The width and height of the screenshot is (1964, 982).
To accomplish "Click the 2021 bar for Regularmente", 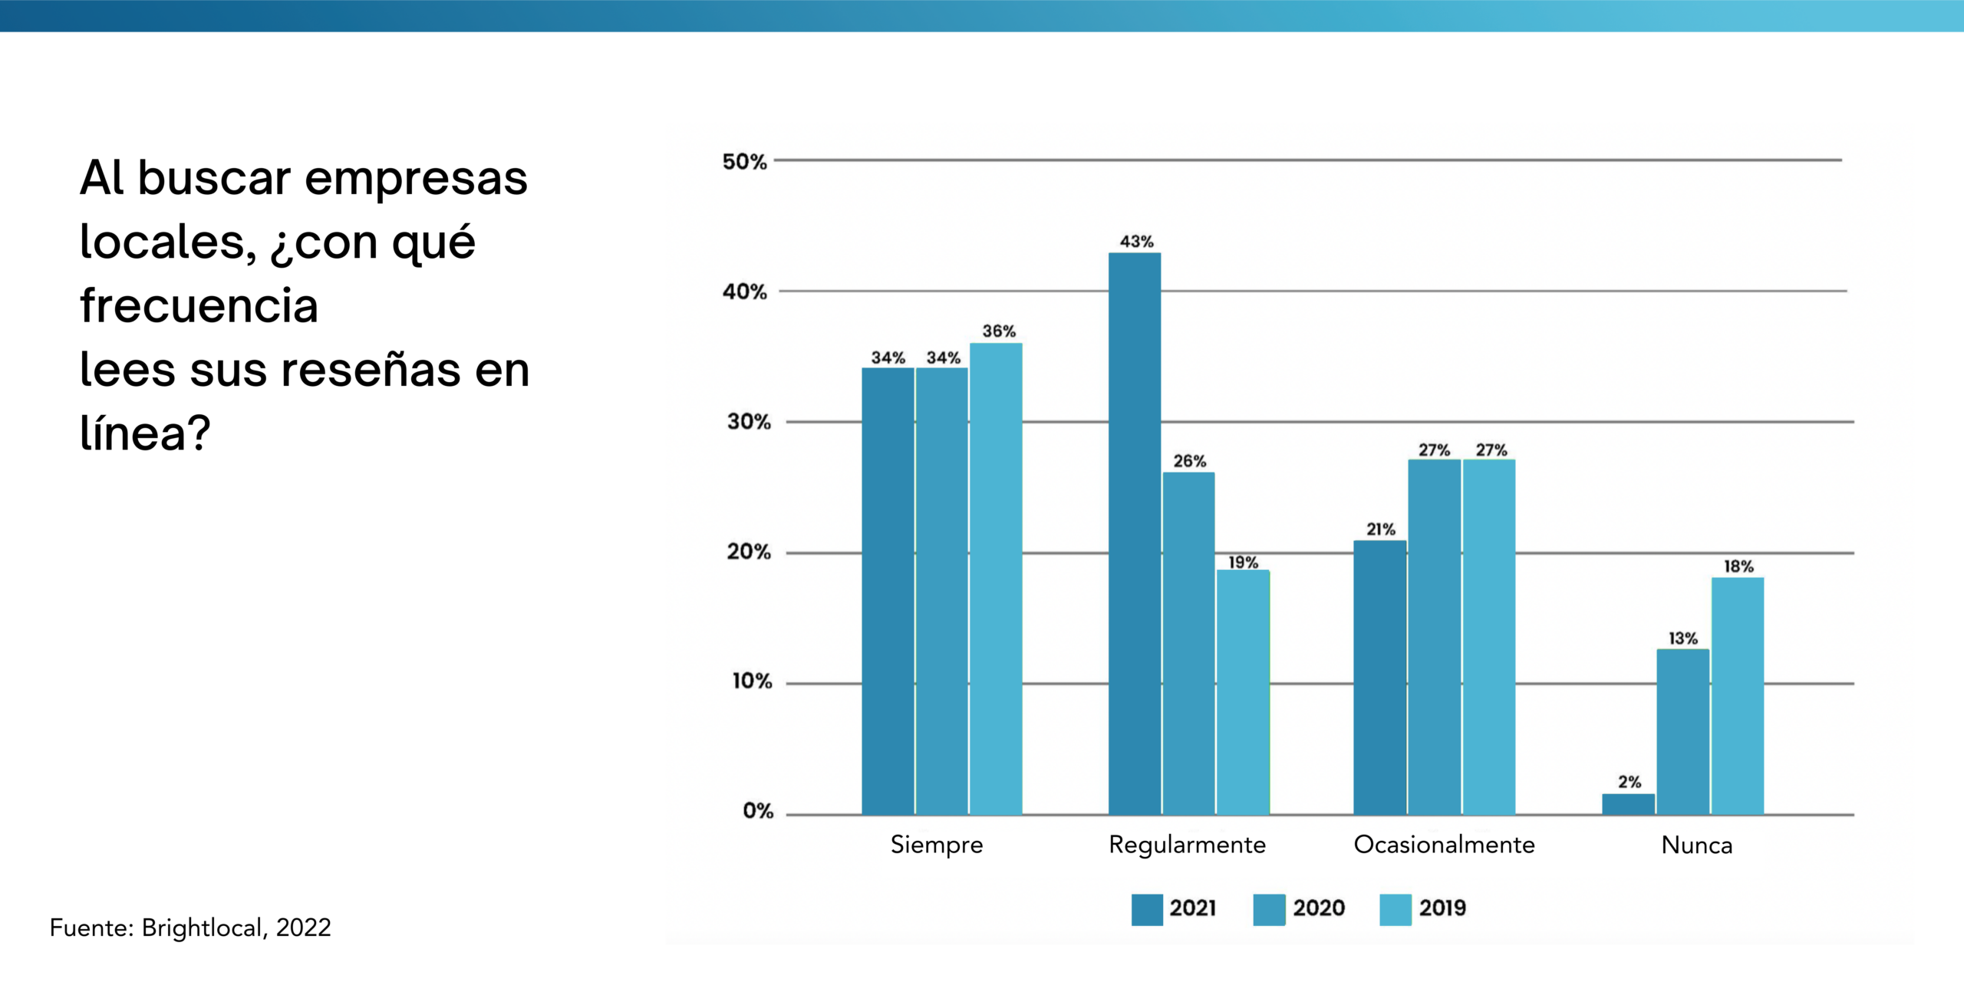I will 1134,533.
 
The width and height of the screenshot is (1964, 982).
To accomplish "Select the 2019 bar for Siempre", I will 996,578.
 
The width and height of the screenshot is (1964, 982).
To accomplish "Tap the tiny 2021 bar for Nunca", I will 1628,804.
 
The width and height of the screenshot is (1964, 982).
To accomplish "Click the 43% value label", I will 1136,242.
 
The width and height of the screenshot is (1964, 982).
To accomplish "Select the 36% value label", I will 999,331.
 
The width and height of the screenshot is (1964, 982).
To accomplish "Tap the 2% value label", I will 1630,782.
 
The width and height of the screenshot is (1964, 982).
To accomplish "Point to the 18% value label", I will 1738,566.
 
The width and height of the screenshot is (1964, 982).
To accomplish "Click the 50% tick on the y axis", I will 744,162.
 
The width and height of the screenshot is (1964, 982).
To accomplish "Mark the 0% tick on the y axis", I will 757,811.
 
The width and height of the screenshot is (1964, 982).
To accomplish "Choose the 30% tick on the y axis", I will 749,421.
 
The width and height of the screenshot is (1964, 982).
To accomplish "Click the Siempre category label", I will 936,845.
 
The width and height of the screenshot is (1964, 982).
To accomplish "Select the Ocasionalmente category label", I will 1444,845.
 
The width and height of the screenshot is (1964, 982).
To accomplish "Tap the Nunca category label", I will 1696,845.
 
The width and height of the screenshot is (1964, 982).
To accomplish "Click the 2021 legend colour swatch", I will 1147,909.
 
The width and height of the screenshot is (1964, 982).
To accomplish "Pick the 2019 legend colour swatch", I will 1395,909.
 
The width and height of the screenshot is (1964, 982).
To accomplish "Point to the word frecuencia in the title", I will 199,305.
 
